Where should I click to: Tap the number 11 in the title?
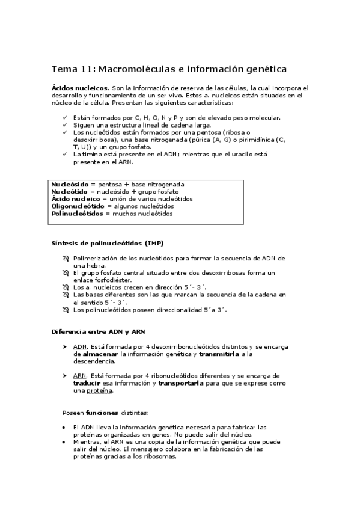coord(87,69)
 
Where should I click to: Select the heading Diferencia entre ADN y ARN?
coord(97,331)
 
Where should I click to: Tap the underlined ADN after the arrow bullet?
coord(79,347)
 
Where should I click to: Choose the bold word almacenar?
coord(100,354)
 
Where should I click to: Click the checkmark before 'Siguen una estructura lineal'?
coord(65,124)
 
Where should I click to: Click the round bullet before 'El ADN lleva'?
coord(65,427)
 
